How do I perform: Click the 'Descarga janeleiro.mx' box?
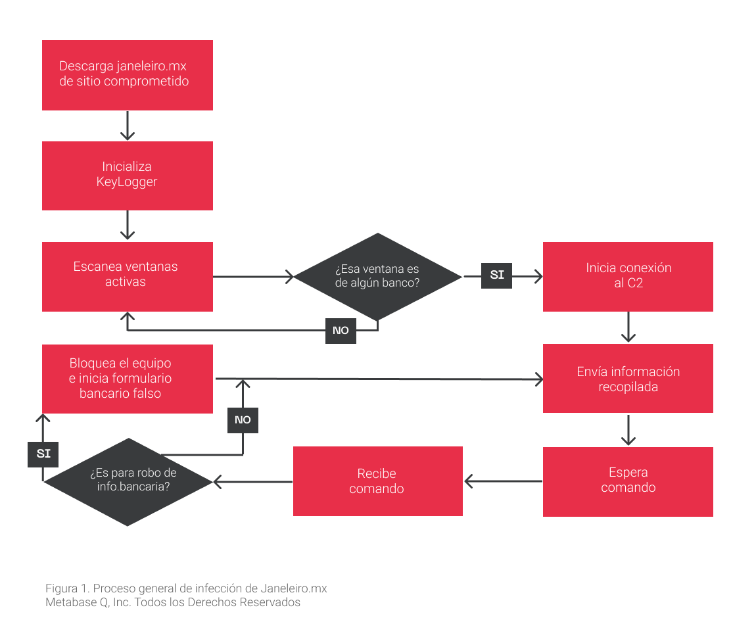tap(128, 75)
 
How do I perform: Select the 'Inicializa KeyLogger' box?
tap(128, 176)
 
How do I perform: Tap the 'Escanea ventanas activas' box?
tap(128, 276)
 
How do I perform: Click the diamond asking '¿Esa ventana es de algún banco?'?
tap(378, 277)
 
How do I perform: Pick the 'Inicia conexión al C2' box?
tap(628, 276)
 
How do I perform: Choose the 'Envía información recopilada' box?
tap(628, 378)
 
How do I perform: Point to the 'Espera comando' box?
tap(628, 481)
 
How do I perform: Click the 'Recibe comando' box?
tap(378, 481)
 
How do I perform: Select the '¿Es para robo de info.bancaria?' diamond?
tap(128, 482)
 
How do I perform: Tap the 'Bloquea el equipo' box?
tap(128, 379)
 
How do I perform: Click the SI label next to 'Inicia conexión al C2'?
tap(496, 276)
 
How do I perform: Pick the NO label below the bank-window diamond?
tap(341, 331)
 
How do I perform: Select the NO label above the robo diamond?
tap(243, 420)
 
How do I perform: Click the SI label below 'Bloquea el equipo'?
tap(43, 454)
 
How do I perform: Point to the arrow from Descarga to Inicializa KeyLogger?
tap(128, 126)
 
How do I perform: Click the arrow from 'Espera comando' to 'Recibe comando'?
tap(503, 481)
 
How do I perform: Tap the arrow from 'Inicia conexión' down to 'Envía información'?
tap(628, 327)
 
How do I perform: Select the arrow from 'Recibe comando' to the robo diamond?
tap(252, 481)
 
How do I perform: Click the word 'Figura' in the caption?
tap(62, 589)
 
